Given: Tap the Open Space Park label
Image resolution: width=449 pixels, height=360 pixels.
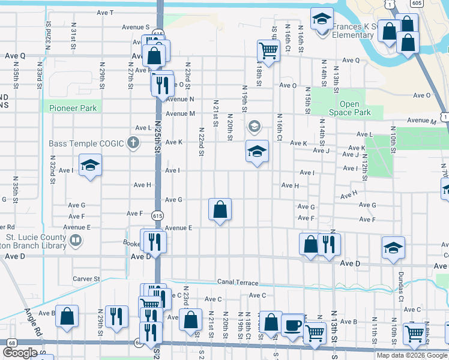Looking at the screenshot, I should tap(350, 109).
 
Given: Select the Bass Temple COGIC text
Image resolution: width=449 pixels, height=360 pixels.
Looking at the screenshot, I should tap(86, 143).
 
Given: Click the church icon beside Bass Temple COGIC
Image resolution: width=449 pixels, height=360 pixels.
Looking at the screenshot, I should tap(133, 143).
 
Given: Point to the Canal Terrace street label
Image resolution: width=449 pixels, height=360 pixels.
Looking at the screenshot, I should tap(239, 283).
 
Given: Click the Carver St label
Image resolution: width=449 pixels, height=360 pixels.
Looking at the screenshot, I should tap(86, 279).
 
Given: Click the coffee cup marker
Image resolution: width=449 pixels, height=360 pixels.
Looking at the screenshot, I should tap(292, 325).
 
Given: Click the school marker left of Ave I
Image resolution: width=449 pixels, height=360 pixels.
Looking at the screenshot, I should tap(90, 165).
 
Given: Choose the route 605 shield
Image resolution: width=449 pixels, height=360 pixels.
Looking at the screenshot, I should tap(416, 4).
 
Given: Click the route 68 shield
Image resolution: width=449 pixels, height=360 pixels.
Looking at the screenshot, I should tap(11, 342).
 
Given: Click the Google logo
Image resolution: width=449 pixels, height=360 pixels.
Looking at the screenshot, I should tap(20, 353).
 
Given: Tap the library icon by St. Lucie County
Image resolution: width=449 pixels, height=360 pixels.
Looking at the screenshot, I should tap(76, 241).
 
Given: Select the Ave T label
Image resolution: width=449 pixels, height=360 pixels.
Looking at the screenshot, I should tap(104, 13).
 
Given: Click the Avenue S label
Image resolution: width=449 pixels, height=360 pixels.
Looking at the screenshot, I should tap(136, 27).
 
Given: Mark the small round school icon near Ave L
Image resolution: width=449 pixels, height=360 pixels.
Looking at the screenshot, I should tap(254, 126).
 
